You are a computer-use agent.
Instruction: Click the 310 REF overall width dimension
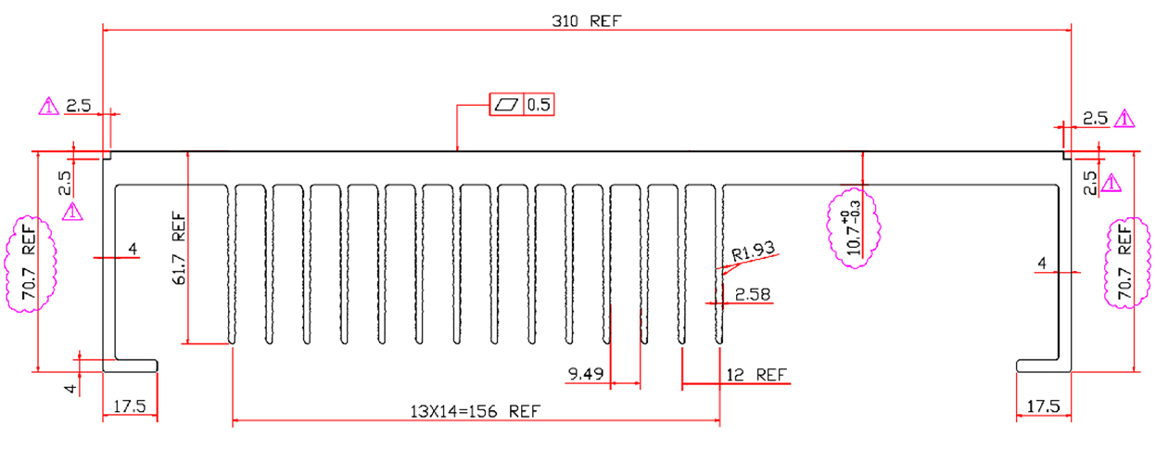[586, 20]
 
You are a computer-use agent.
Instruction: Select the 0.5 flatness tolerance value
[539, 105]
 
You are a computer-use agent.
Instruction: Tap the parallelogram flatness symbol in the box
[506, 105]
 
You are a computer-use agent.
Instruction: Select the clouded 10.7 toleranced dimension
[854, 226]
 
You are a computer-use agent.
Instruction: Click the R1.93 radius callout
[752, 251]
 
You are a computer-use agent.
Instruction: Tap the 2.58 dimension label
[752, 295]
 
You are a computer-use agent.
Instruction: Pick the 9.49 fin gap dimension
[586, 375]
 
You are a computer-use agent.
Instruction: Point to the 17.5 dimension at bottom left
[129, 406]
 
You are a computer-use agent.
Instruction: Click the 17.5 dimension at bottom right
[1044, 406]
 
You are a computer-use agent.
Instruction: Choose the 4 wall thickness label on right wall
[1042, 265]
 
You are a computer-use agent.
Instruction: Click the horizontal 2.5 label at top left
[78, 107]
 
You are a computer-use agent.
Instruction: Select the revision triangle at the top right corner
[1124, 119]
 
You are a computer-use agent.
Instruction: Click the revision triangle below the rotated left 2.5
[72, 213]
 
